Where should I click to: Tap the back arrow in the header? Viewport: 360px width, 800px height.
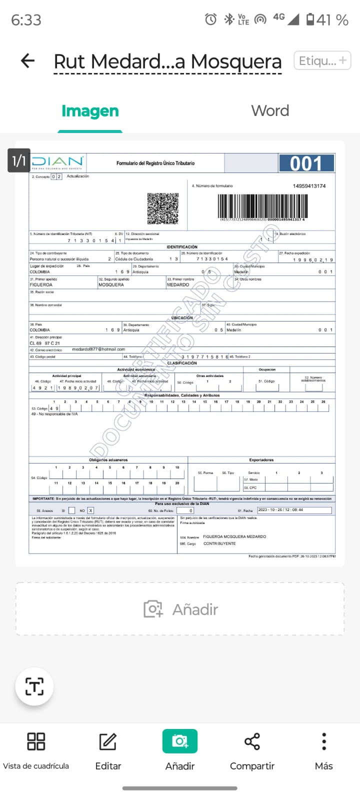tap(28, 61)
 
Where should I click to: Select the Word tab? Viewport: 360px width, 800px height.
tap(270, 110)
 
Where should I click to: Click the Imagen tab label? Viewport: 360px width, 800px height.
tap(90, 111)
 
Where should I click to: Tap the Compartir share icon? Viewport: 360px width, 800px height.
tap(252, 741)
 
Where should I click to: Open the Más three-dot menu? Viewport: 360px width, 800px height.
tap(324, 741)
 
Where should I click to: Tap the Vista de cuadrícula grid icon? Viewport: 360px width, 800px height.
tap(36, 741)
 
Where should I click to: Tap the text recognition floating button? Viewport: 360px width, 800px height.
tap(34, 686)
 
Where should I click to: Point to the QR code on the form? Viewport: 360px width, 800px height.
tap(163, 208)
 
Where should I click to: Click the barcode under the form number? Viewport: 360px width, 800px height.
tap(262, 205)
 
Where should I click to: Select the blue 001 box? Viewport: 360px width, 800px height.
tap(306, 163)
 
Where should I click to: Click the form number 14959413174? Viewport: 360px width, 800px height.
tap(309, 186)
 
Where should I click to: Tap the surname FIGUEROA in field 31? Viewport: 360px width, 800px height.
tap(41, 285)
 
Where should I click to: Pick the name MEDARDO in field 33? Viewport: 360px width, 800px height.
tap(178, 285)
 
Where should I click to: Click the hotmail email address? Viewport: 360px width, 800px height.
tap(98, 349)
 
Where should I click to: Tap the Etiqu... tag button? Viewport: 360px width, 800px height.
tap(322, 61)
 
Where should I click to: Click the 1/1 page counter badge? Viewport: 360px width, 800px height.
tap(19, 160)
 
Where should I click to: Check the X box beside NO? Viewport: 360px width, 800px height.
tap(90, 510)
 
